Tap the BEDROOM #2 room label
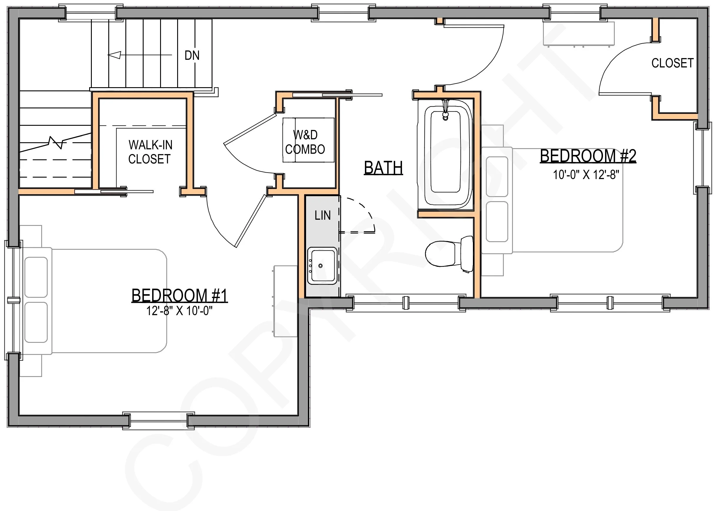(x=588, y=156)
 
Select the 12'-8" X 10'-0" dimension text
(x=180, y=311)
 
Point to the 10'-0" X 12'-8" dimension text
(x=586, y=174)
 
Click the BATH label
(x=383, y=167)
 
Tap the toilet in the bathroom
(x=449, y=254)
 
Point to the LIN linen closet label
(x=323, y=216)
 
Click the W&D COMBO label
(x=305, y=142)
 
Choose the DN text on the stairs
(x=192, y=55)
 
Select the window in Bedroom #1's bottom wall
(x=158, y=421)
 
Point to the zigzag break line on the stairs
(x=55, y=143)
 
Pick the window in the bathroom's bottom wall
(x=406, y=303)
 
